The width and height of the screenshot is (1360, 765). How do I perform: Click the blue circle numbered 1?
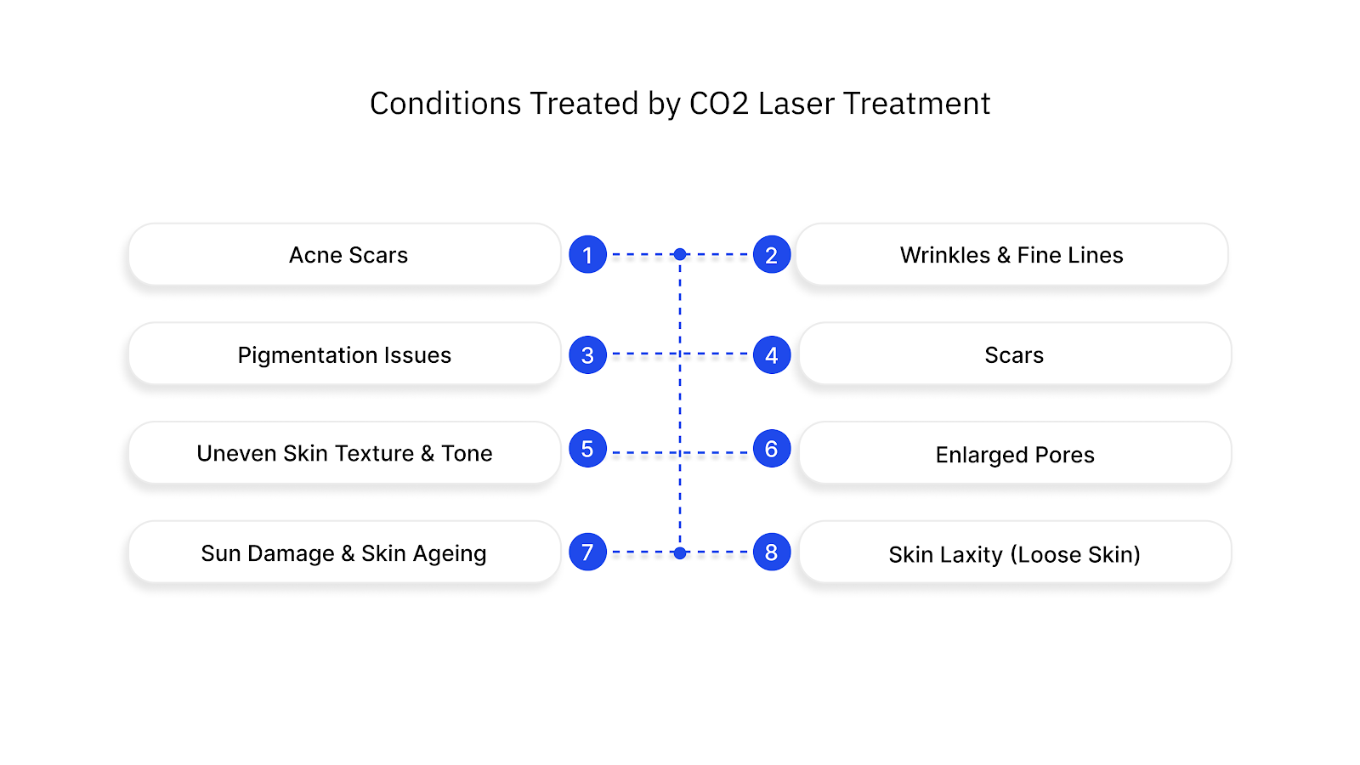tap(587, 254)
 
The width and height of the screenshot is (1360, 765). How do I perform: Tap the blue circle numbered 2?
tap(772, 254)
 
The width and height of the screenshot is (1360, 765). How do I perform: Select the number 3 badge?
tap(587, 354)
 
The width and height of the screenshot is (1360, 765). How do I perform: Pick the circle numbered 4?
tap(772, 354)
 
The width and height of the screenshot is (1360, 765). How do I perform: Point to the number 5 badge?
tap(587, 449)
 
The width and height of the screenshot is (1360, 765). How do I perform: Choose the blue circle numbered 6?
tap(772, 449)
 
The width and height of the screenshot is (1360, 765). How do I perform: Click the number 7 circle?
tap(587, 552)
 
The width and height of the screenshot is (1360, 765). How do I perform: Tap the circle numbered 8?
tap(772, 552)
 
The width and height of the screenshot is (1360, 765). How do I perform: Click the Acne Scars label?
tap(348, 255)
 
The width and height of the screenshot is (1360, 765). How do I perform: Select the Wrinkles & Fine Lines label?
tap(1011, 255)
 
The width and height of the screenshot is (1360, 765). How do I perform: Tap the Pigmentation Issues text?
tap(344, 355)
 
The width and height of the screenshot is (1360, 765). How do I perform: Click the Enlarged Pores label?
tap(1015, 455)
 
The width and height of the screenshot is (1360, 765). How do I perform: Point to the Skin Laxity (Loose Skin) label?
tap(1014, 554)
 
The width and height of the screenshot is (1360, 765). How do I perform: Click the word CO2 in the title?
tap(719, 104)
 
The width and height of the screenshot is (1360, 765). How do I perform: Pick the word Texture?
tap(374, 454)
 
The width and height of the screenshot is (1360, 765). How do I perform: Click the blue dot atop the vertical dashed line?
tap(680, 254)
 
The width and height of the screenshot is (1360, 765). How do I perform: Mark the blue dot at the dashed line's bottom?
tap(680, 552)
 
